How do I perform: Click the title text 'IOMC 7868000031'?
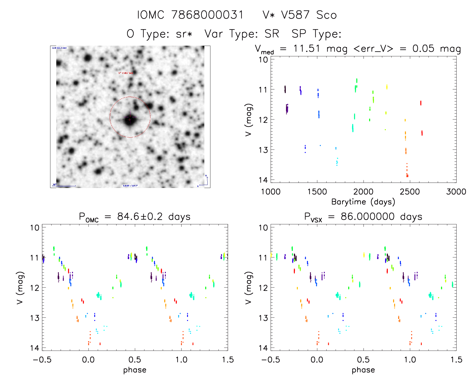(190, 15)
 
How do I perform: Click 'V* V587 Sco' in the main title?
(299, 15)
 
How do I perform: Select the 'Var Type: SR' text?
(242, 34)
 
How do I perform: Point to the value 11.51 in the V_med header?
(306, 48)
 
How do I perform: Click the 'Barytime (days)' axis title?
(363, 202)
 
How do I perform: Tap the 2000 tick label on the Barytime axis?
(363, 192)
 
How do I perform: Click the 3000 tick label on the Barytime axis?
(456, 192)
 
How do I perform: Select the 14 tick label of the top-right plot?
(263, 180)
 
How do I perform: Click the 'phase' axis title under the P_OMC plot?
(135, 370)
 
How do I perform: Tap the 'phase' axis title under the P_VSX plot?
(363, 370)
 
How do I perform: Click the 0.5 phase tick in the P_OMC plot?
(135, 360)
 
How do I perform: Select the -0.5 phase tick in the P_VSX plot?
(271, 360)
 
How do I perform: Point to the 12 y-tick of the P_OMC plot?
(35, 288)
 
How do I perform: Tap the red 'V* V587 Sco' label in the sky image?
(125, 73)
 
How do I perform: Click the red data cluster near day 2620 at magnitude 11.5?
(421, 103)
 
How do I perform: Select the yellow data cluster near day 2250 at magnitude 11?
(387, 87)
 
